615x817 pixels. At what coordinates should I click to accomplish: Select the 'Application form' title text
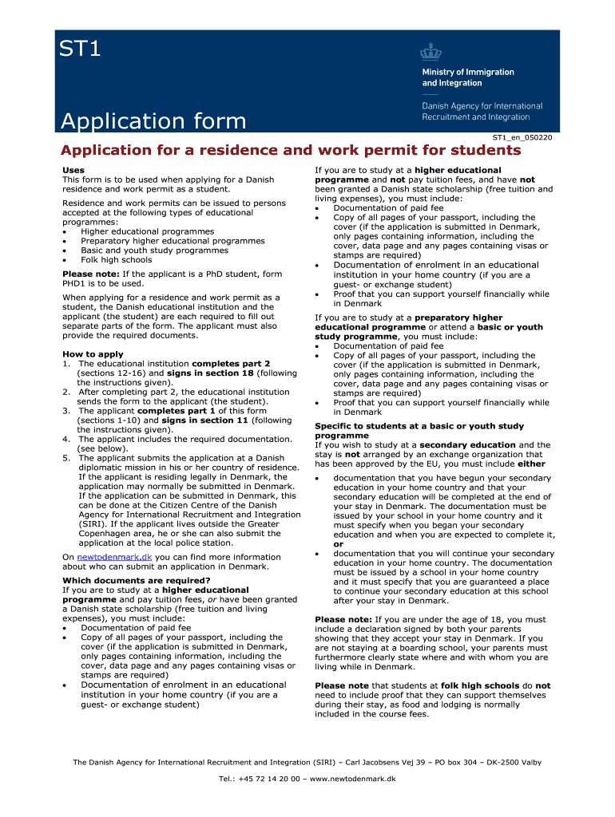click(153, 121)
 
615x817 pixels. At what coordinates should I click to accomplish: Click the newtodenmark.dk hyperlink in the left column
click(114, 557)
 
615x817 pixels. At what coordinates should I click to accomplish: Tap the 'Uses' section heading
click(73, 170)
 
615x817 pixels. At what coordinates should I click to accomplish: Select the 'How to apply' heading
click(93, 353)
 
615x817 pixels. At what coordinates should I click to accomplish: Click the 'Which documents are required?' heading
click(137, 580)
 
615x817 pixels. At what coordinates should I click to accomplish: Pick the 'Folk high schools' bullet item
click(116, 259)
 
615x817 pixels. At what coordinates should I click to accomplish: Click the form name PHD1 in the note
click(74, 282)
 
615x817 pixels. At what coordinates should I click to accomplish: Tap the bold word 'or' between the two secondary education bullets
click(338, 544)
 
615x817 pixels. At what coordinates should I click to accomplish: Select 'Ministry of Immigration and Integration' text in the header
click(468, 77)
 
